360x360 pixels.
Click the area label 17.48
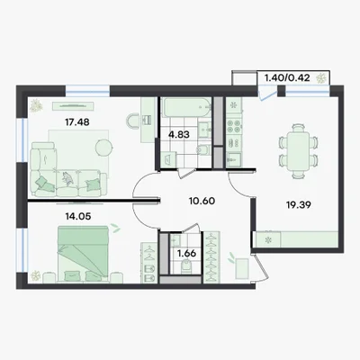[77, 122]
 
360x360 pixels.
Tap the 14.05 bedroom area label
[78, 216]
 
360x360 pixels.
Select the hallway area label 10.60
[202, 201]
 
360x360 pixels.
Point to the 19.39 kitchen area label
[299, 205]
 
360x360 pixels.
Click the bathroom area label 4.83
[179, 134]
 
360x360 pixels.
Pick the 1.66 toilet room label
[186, 254]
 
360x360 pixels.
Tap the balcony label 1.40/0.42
[286, 78]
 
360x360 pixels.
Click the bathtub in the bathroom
[187, 107]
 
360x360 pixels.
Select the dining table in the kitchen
[298, 151]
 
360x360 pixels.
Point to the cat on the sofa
[67, 177]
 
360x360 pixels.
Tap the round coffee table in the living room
[104, 148]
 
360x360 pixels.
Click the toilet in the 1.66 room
[185, 266]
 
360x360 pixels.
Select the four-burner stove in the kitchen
[234, 126]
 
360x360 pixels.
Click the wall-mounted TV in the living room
[73, 106]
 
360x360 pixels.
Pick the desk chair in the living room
[132, 121]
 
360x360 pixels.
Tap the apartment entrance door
[260, 267]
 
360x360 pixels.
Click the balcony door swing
[268, 94]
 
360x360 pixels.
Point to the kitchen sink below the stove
[234, 159]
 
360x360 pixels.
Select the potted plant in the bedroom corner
[36, 276]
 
